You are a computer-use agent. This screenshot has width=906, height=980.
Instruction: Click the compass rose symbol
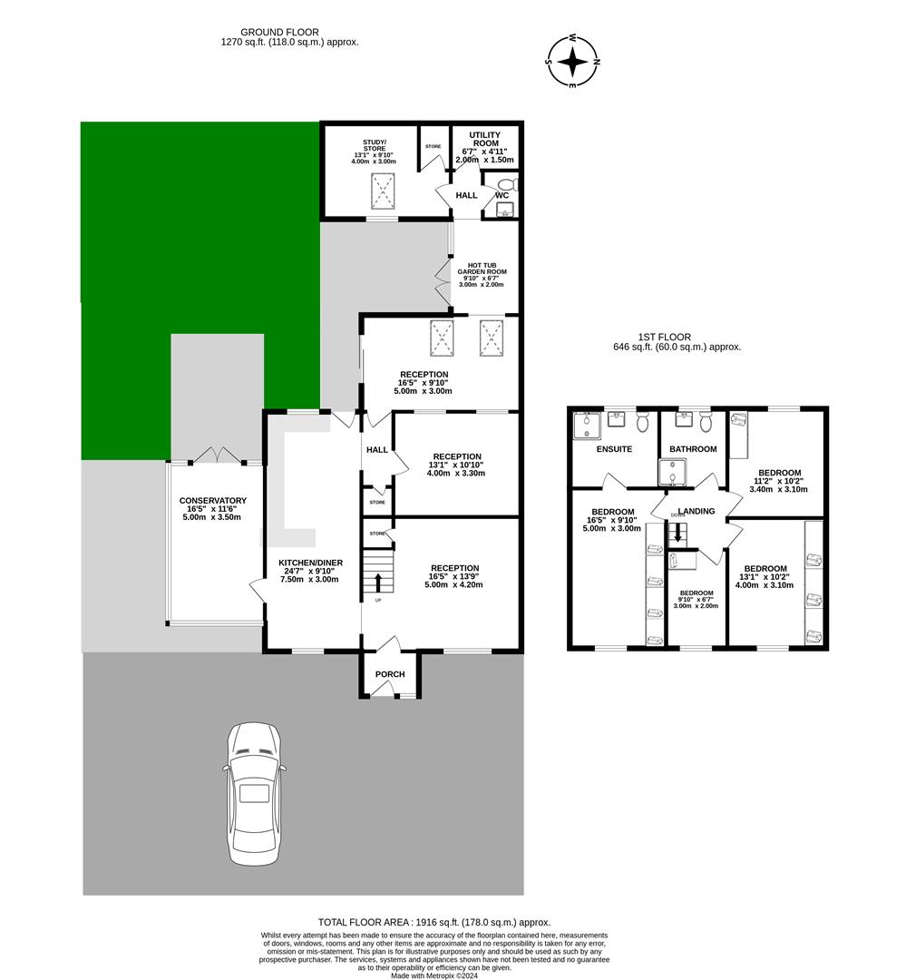(x=573, y=62)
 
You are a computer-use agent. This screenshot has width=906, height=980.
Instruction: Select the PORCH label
(x=390, y=674)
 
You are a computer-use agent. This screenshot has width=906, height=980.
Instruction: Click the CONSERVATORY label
(x=213, y=501)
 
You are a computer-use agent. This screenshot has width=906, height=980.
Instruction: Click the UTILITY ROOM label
(x=485, y=140)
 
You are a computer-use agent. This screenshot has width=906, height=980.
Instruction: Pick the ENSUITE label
(x=614, y=449)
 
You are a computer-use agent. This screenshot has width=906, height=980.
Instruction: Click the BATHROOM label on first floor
(x=693, y=449)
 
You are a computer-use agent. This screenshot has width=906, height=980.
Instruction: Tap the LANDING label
(x=697, y=511)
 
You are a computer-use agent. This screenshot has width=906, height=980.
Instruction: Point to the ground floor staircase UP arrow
(x=377, y=581)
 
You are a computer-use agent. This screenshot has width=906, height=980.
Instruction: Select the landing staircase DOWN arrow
(x=677, y=534)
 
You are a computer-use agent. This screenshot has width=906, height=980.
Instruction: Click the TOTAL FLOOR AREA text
(x=434, y=922)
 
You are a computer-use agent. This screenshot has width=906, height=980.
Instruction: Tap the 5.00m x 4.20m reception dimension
(x=454, y=585)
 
